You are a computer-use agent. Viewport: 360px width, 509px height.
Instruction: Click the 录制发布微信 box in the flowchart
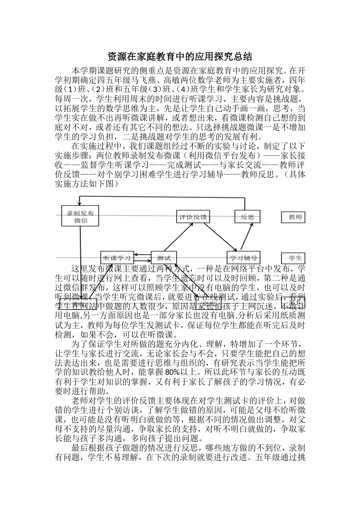pos(80,216)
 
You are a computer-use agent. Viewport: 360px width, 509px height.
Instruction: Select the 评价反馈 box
pos(193,217)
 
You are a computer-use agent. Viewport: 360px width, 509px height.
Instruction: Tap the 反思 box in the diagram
pos(247,217)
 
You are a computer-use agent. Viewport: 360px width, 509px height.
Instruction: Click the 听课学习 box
pos(117,258)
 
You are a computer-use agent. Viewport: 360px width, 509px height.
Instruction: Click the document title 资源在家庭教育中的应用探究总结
pos(180,57)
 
